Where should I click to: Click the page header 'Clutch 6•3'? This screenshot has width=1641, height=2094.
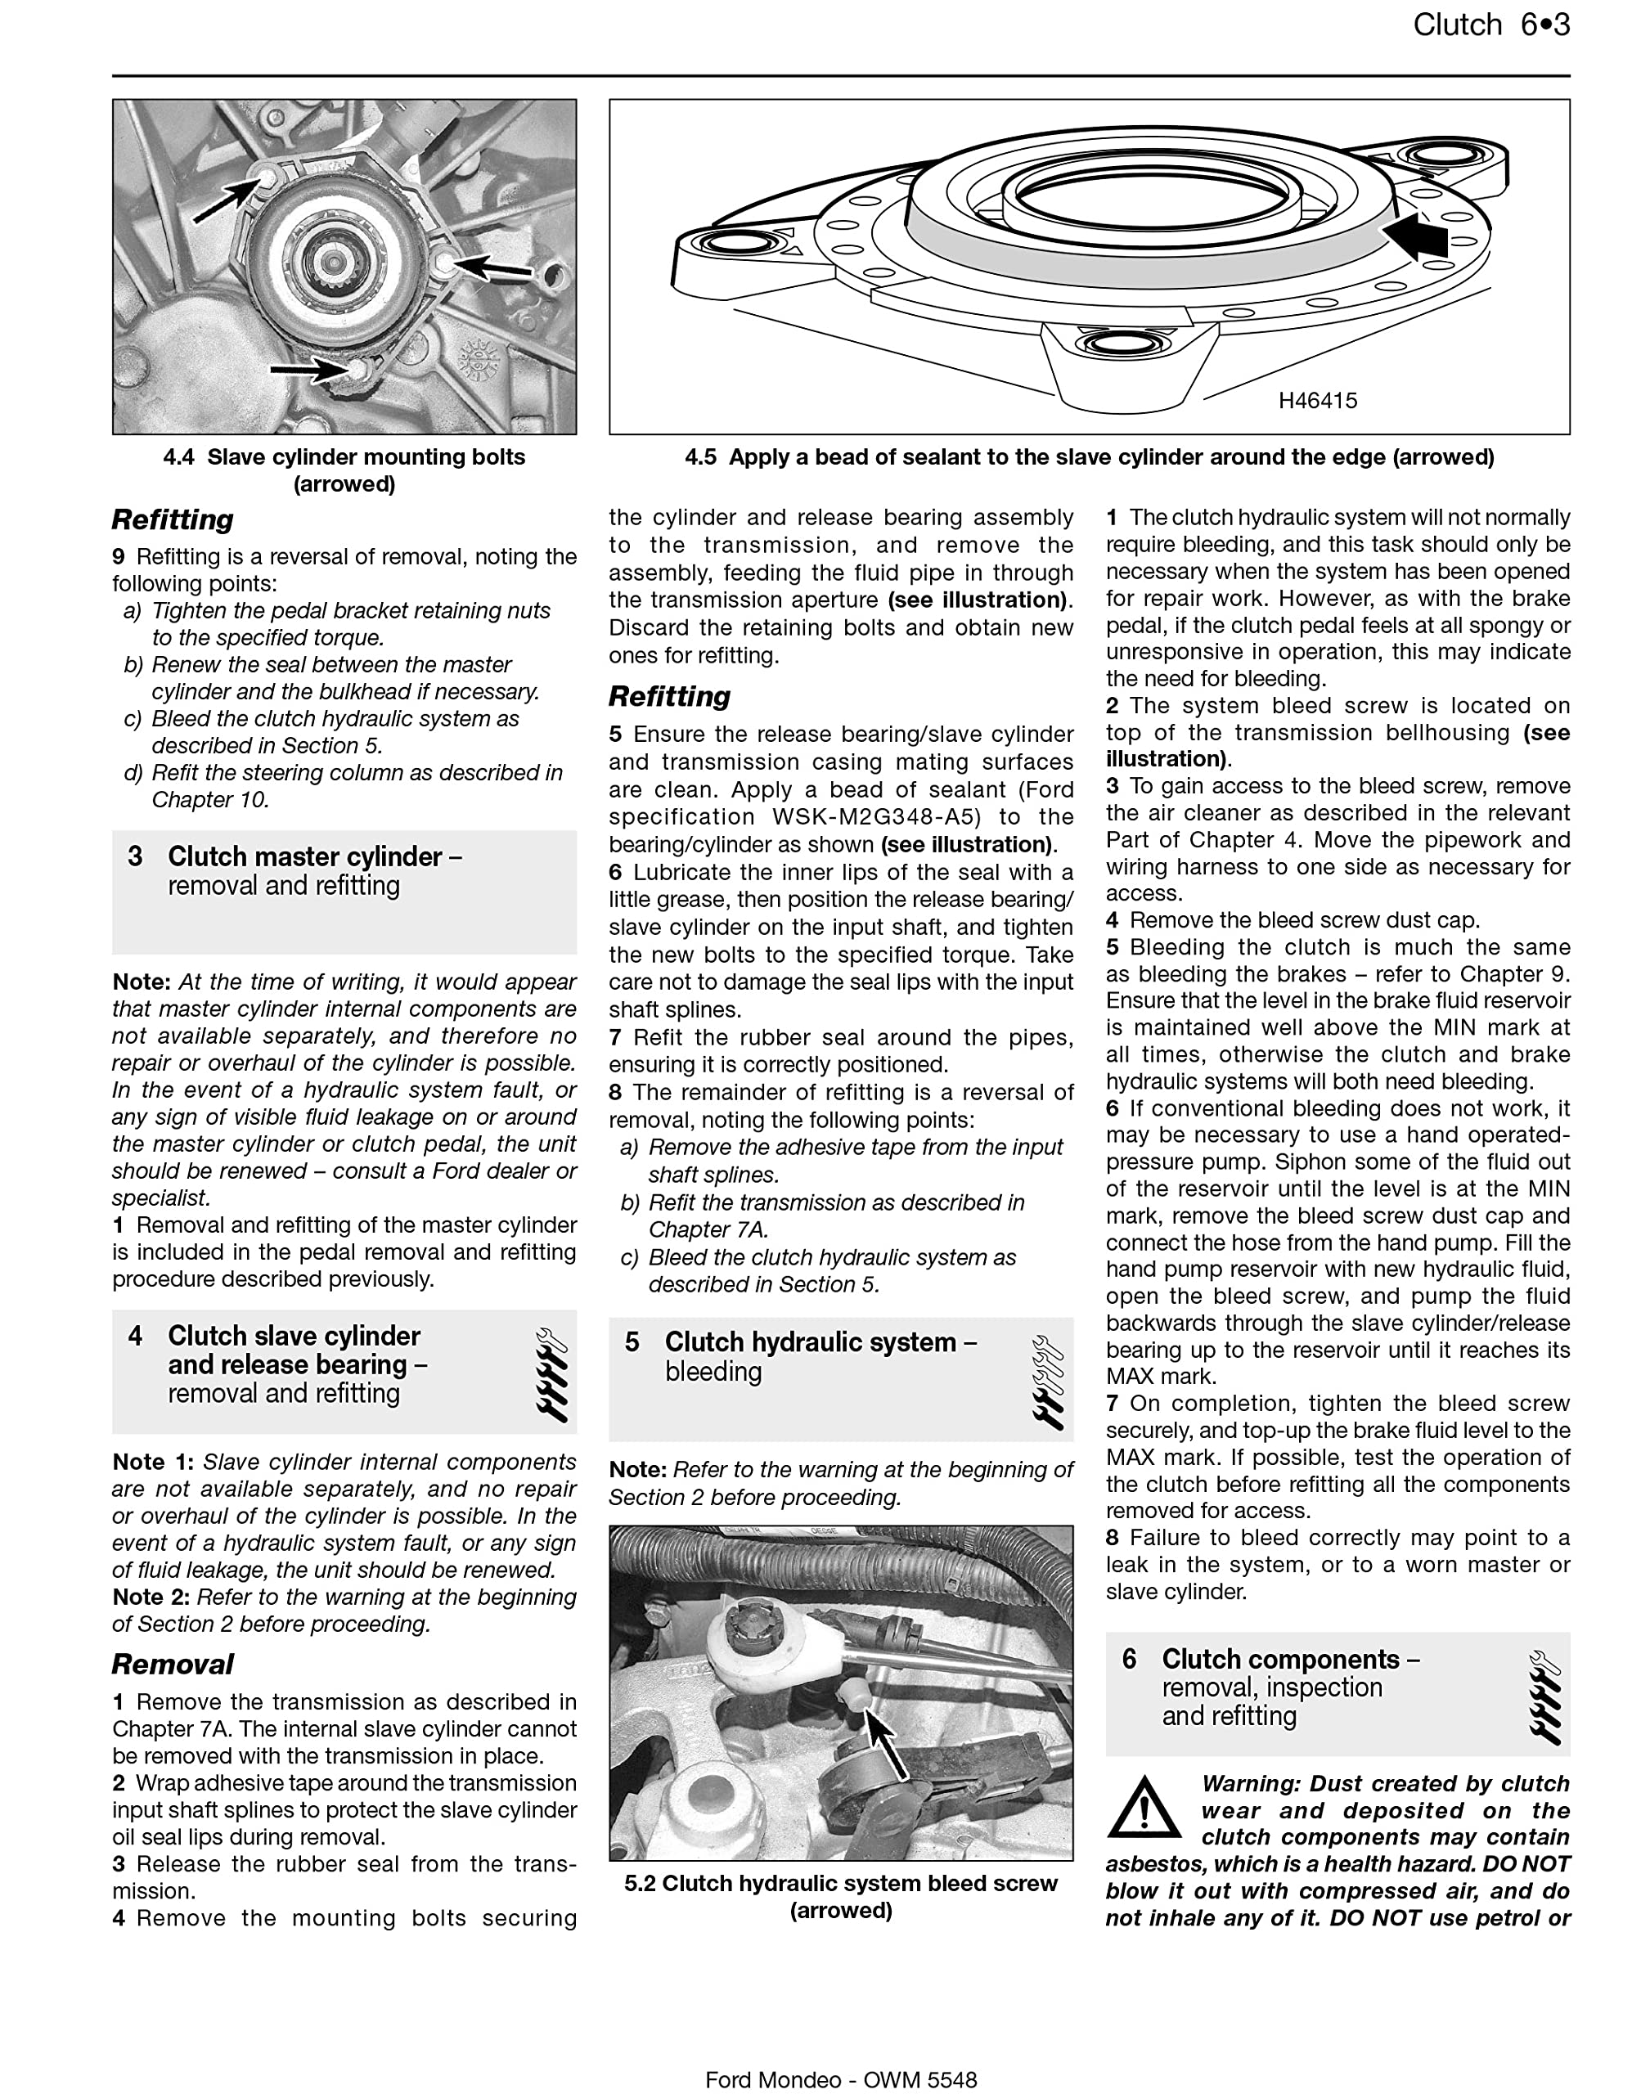pyautogui.click(x=1490, y=25)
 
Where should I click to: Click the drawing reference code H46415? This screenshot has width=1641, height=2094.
pyautogui.click(x=1317, y=401)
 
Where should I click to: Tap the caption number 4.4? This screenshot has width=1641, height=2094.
pyautogui.click(x=178, y=457)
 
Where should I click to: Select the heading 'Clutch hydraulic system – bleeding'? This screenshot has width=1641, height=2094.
pyautogui.click(x=820, y=1356)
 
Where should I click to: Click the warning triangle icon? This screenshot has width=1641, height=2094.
pyautogui.click(x=1144, y=1807)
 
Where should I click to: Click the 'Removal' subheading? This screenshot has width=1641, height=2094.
pyautogui.click(x=172, y=1664)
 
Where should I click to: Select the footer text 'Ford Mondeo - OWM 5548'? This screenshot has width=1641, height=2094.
pyautogui.click(x=841, y=2079)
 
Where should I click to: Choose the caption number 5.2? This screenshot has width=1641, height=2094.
pyautogui.click(x=639, y=1884)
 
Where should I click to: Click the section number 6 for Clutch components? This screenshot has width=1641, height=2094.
pyautogui.click(x=1129, y=1659)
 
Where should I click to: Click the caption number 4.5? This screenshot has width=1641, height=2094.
pyautogui.click(x=700, y=457)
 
